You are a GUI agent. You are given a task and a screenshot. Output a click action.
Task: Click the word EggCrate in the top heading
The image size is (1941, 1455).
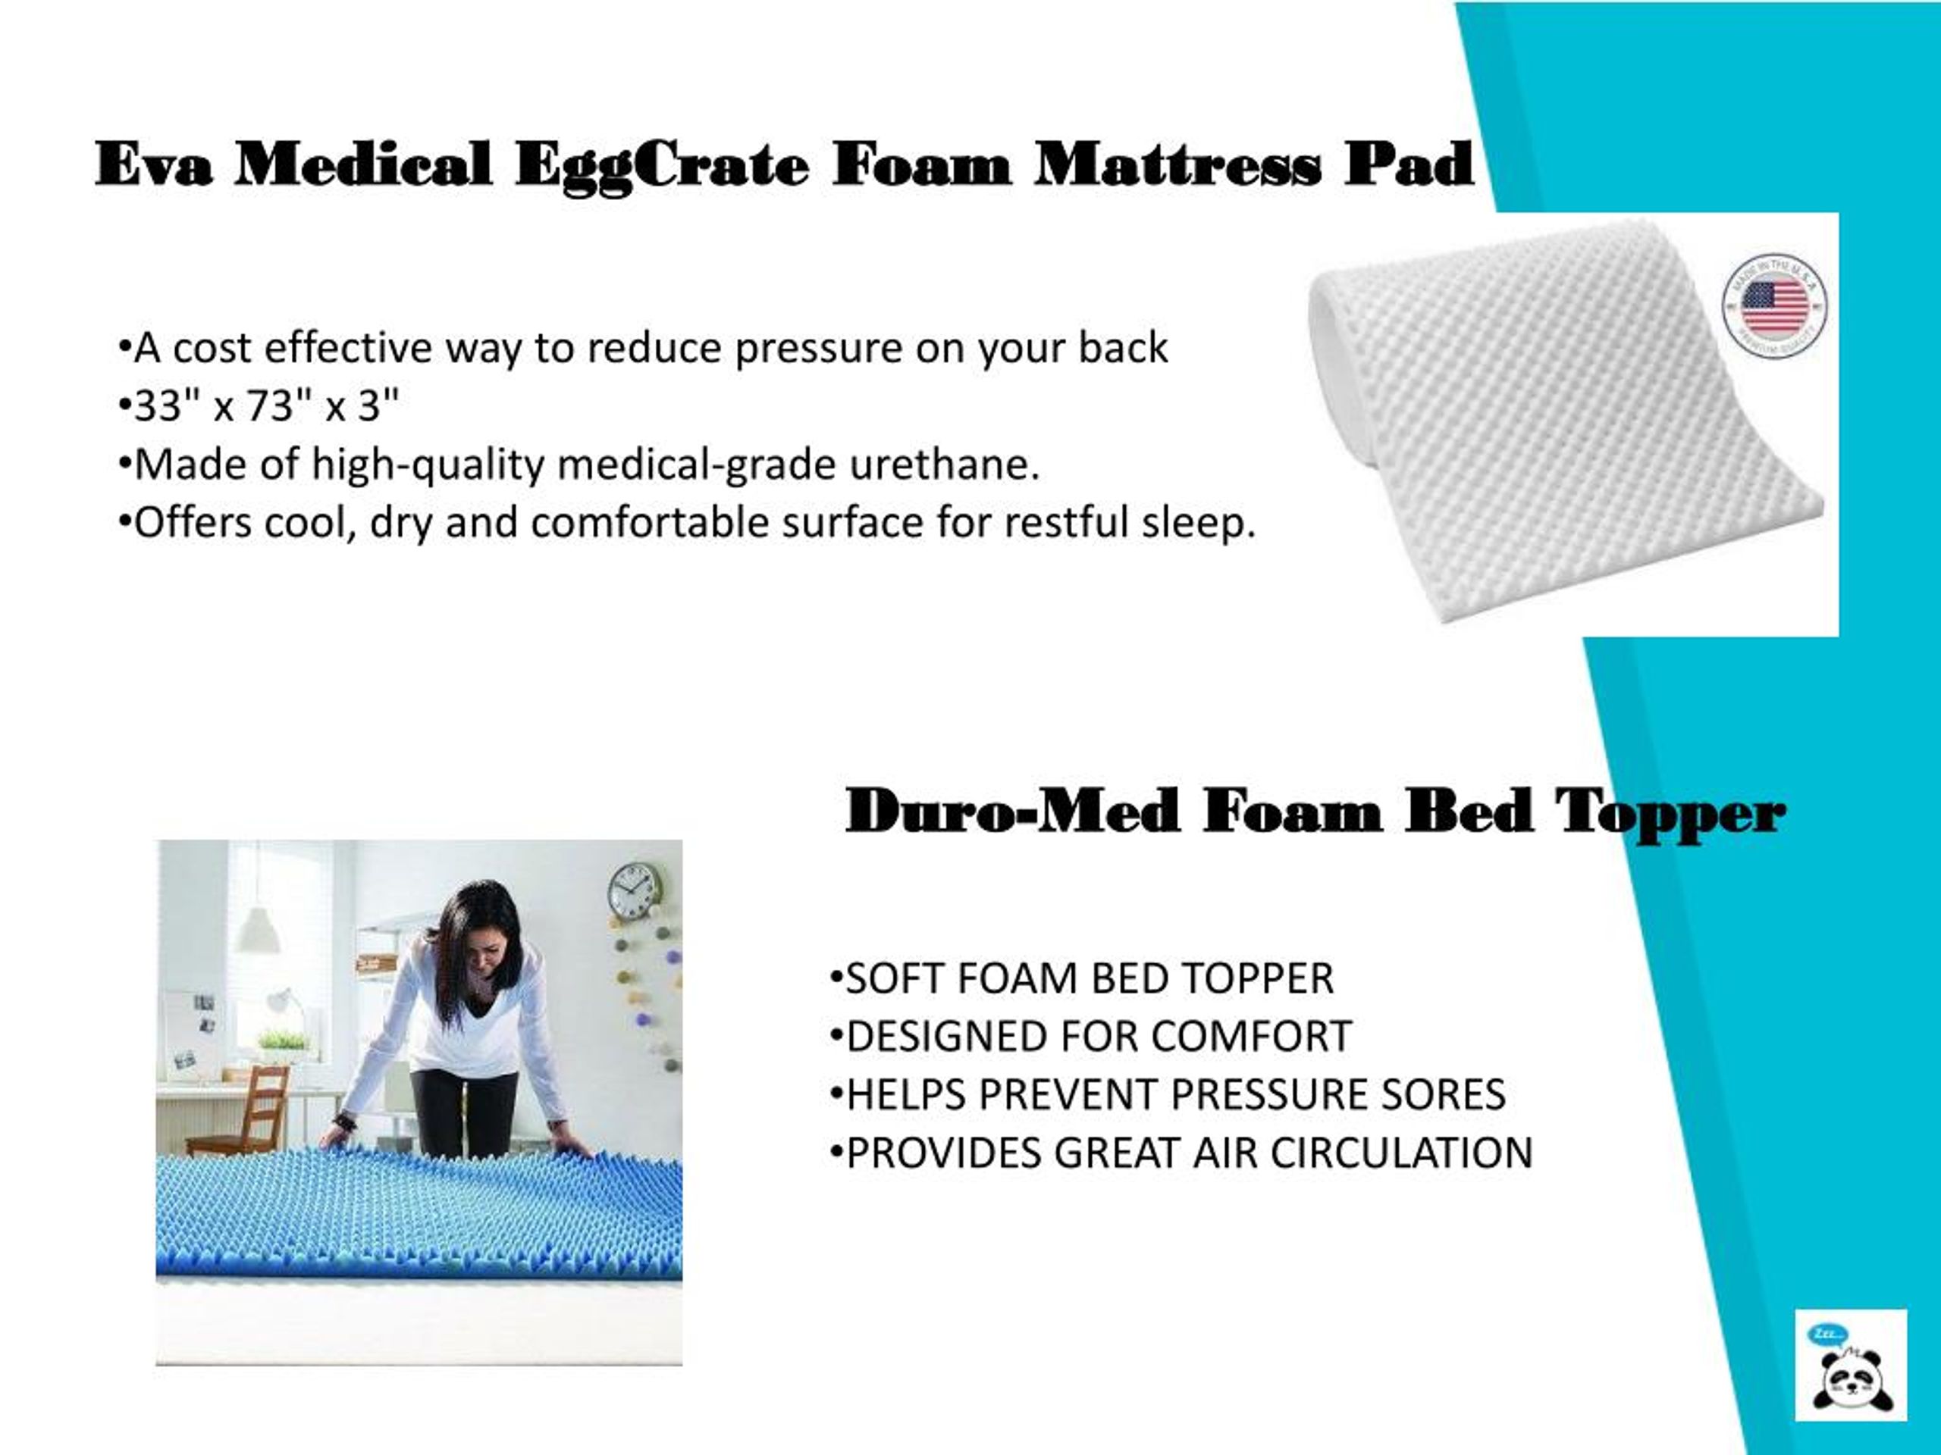click(x=663, y=165)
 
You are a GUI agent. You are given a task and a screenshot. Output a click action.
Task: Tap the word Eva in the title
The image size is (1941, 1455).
click(x=154, y=165)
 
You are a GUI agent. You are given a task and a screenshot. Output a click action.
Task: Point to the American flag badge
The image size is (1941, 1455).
click(x=1774, y=306)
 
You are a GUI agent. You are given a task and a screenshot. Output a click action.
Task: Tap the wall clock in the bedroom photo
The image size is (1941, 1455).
click(x=634, y=890)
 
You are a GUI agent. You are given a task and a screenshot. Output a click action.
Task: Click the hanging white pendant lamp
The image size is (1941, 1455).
click(x=258, y=931)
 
